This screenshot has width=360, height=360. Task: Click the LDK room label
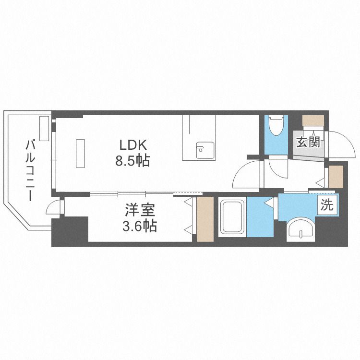click(x=132, y=145)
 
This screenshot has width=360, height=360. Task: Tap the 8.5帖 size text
click(x=132, y=161)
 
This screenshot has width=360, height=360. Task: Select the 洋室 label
click(x=140, y=210)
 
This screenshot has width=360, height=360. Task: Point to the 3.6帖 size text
click(x=140, y=226)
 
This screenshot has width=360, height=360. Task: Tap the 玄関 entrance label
click(x=308, y=143)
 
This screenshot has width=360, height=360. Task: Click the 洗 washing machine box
click(x=327, y=205)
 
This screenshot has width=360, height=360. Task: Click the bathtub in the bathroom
click(x=232, y=216)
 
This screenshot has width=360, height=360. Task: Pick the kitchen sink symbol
click(x=205, y=150)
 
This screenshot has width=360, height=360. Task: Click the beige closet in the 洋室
click(x=205, y=219)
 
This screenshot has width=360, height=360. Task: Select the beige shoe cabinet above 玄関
click(x=313, y=120)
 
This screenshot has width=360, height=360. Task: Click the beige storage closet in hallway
click(x=336, y=177)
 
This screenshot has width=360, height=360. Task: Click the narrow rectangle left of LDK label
click(x=80, y=154)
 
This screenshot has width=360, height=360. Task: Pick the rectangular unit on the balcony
click(x=44, y=128)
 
